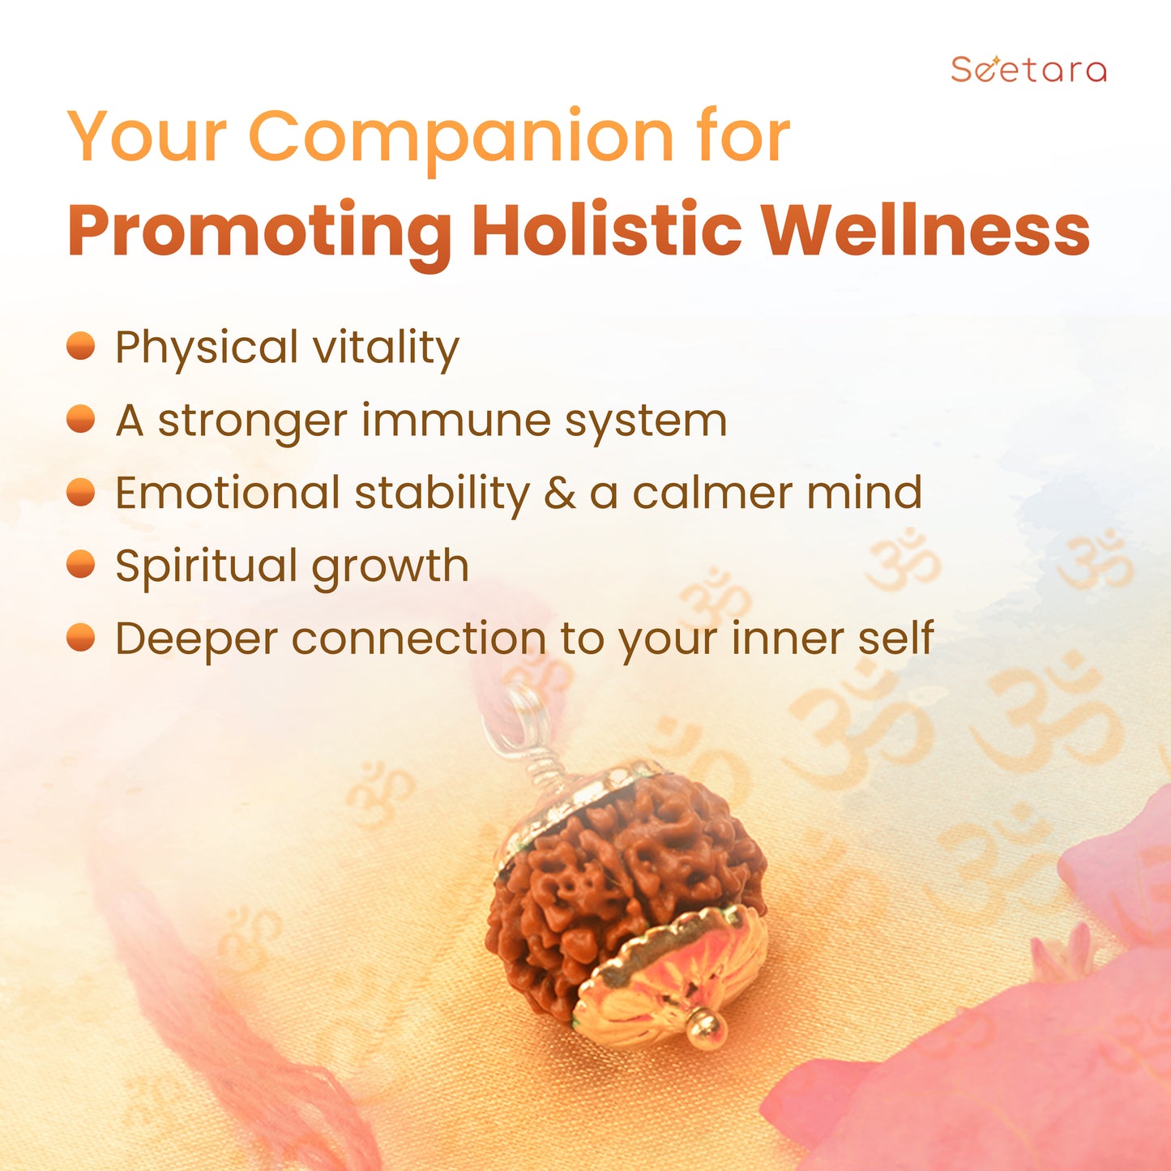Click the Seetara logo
tap(1028, 69)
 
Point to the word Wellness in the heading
tap(926, 229)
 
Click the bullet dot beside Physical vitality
tap(81, 346)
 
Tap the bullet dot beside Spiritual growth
tap(81, 565)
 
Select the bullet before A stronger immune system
tap(81, 419)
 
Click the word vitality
tap(386, 348)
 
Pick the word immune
tap(455, 421)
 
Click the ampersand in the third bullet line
tap(559, 493)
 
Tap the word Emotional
tap(227, 492)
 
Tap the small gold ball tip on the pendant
tap(707, 1028)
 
